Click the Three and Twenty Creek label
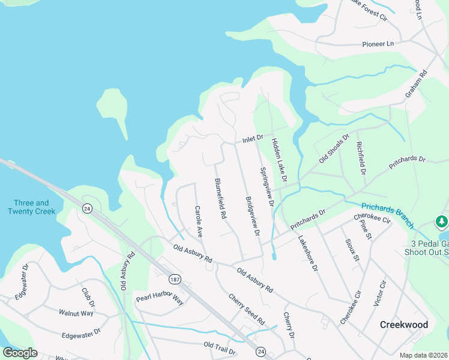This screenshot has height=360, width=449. coord(31,207)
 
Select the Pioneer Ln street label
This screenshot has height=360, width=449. coord(378,44)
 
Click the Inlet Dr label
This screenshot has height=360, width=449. coord(253,139)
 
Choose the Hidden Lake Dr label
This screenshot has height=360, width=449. coord(280,160)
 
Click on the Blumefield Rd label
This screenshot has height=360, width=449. coord(220,198)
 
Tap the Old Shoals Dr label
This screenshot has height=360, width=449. coord(334,149)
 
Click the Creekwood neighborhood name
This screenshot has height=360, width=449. coord(404,325)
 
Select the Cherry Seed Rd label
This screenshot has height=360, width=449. coord(246,309)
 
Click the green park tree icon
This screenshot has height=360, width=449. coord(442,222)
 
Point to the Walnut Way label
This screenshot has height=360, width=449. coord(76,313)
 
